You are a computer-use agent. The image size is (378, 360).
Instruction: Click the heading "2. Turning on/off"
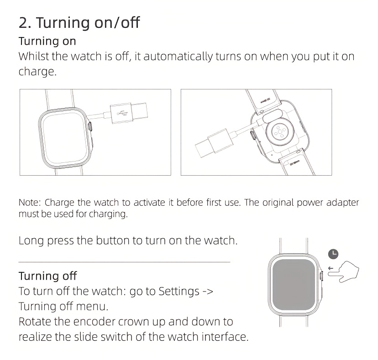[79, 23]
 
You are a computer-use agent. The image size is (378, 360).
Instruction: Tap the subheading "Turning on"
[47, 41]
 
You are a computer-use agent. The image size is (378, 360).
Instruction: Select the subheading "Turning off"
[48, 276]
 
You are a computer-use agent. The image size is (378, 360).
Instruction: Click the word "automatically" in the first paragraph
[178, 57]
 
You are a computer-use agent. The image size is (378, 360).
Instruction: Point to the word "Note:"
[30, 203]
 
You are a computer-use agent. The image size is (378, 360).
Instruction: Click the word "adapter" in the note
[342, 203]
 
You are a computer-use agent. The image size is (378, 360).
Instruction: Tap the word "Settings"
[179, 292]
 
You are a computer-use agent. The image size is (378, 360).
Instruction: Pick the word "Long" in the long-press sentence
[31, 241]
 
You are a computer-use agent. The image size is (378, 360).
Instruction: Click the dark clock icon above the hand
[333, 254]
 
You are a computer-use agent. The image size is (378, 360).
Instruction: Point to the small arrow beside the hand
[331, 268]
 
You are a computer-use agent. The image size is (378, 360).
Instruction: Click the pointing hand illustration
[343, 271]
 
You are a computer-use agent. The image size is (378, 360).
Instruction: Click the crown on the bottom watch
[321, 276]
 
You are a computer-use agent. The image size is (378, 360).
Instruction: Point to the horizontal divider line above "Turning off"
[124, 262]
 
